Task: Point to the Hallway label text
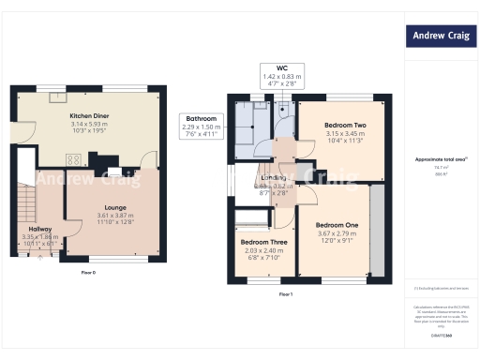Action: point(39,229)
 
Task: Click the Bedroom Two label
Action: point(345,125)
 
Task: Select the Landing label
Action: point(274,176)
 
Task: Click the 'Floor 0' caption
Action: point(88,272)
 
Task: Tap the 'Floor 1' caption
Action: point(286,294)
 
